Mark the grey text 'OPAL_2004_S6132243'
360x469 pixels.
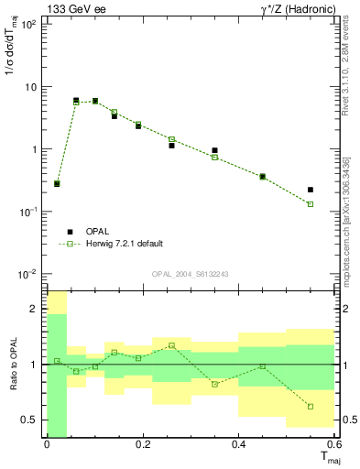[190, 274]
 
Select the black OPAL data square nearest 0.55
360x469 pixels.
[311, 190]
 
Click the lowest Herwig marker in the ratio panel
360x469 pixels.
[311, 407]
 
